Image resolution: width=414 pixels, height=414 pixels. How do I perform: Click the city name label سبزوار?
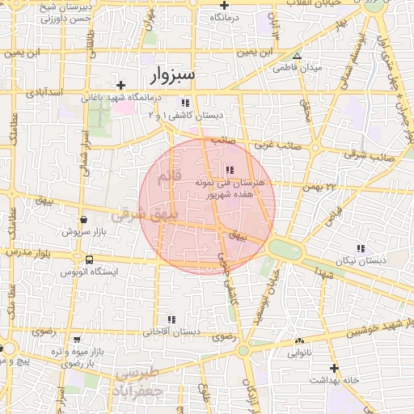(173, 76)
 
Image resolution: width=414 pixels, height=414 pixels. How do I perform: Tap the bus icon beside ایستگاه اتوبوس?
(88, 260)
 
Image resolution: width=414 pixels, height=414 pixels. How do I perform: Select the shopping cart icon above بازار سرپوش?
(83, 219)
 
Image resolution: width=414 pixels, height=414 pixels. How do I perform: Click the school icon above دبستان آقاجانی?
(171, 320)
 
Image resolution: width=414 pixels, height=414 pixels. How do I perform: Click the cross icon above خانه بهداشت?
(335, 368)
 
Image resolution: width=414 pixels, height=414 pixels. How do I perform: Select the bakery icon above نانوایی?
(299, 341)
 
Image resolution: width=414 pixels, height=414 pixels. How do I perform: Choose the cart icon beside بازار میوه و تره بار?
(77, 340)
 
